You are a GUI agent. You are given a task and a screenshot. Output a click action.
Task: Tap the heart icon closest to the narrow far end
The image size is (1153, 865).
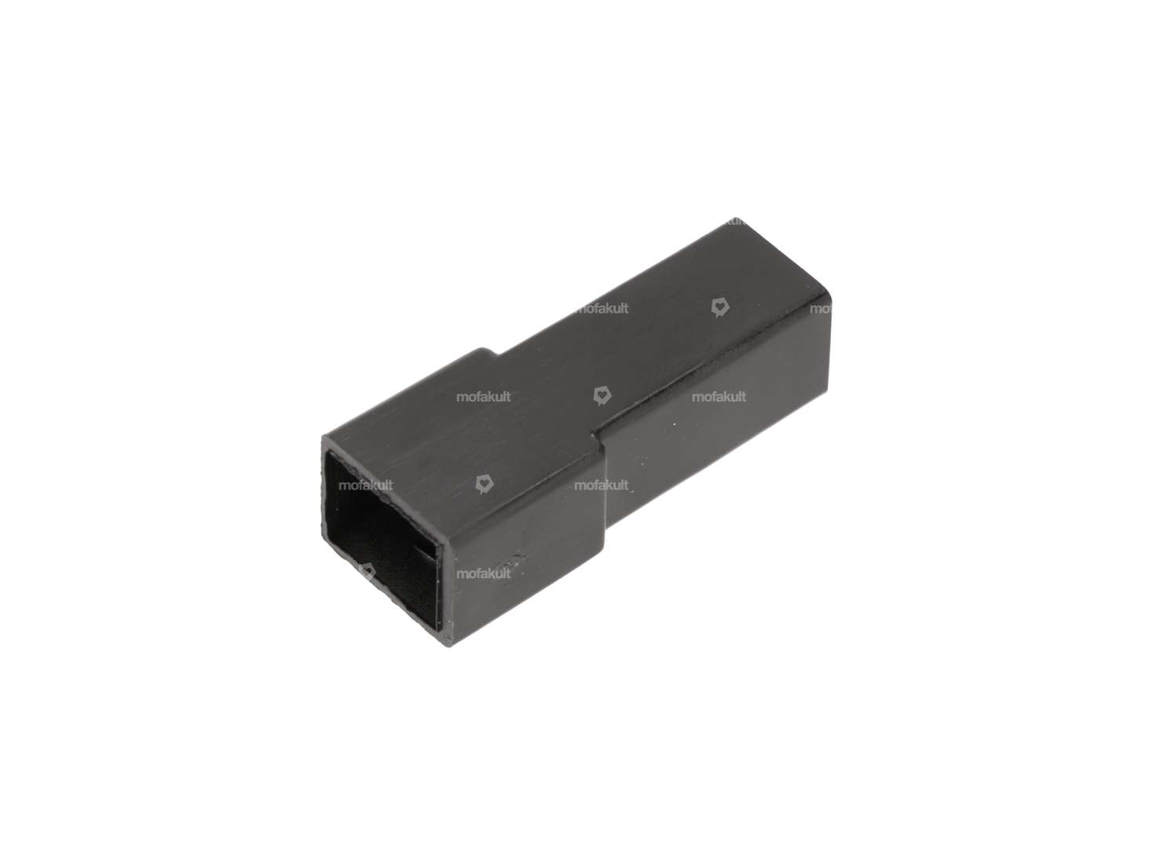pyautogui.click(x=718, y=307)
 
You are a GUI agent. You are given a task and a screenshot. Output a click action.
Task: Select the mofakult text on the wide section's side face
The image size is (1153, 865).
pyautogui.click(x=484, y=574)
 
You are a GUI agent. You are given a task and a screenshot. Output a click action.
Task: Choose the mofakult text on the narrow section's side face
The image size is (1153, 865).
pyautogui.click(x=719, y=397)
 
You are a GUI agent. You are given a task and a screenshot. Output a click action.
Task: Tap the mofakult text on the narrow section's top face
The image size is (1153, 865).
pyautogui.click(x=602, y=309)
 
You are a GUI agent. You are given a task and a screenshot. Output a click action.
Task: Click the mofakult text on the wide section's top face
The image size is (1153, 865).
pyautogui.click(x=484, y=397)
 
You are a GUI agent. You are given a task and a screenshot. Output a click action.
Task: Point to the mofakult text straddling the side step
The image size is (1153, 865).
pyautogui.click(x=602, y=486)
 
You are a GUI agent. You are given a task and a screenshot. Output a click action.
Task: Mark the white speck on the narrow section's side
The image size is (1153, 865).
pyautogui.click(x=672, y=425)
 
